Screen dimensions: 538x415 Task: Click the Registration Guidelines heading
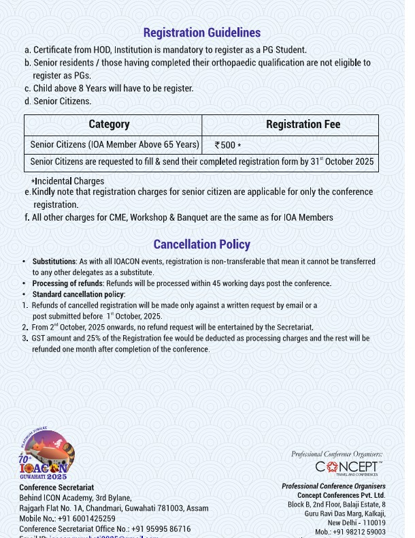coord(201,33)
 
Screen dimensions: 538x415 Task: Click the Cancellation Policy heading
coord(201,244)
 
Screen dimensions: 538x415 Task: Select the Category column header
coord(109,125)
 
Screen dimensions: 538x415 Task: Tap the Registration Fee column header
coord(303,125)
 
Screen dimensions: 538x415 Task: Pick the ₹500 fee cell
coord(227,145)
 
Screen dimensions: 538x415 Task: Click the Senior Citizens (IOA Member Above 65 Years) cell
coord(114,144)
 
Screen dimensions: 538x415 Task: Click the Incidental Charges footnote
coord(68,181)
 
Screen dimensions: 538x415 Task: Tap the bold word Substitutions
coord(54,262)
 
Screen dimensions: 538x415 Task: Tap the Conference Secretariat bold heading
coord(56,488)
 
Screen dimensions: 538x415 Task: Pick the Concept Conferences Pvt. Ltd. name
coord(341,495)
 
